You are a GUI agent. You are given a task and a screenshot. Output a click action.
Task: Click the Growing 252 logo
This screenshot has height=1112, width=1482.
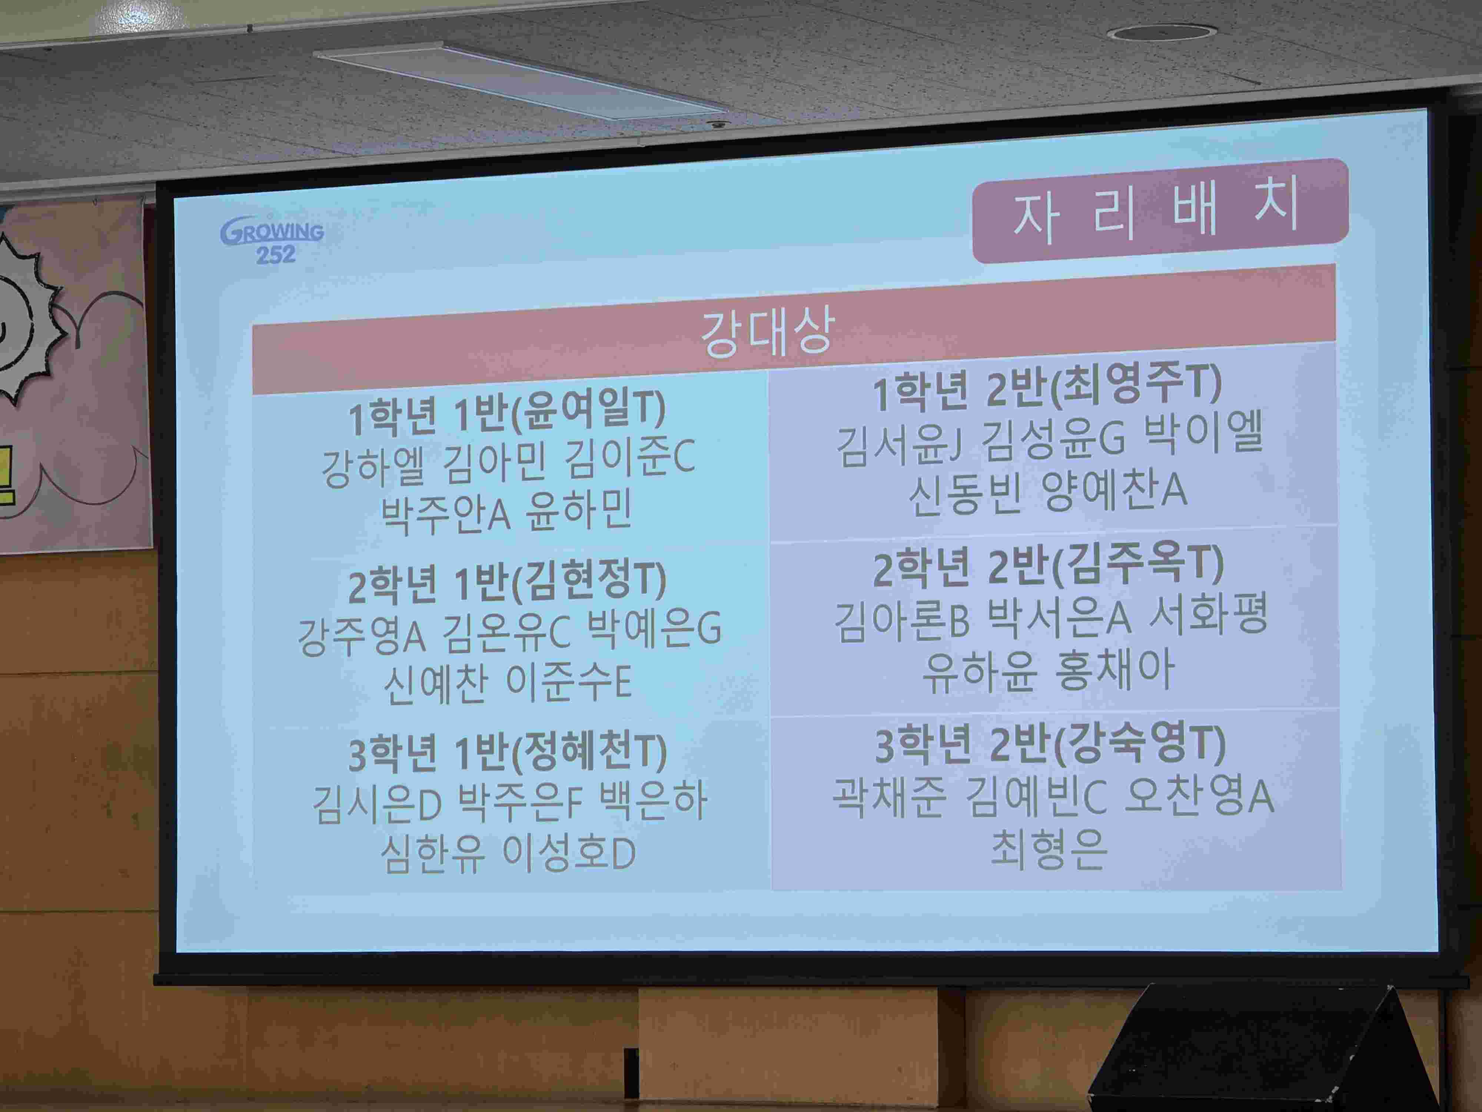pyautogui.click(x=272, y=239)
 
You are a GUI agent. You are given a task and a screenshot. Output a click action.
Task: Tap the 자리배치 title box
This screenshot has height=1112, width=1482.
pyautogui.click(x=1160, y=210)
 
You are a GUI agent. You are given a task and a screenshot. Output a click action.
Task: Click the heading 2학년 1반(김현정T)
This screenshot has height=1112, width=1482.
pyautogui.click(x=507, y=582)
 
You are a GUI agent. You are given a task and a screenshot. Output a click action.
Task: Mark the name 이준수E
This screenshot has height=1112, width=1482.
pyautogui.click(x=569, y=683)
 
